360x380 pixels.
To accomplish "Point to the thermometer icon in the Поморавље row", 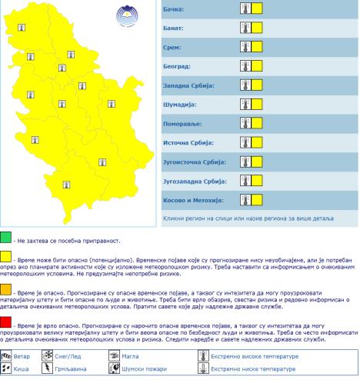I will point(245,123).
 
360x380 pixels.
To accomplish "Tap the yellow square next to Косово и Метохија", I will point(257,200).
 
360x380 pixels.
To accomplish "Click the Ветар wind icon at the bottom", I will point(7,356).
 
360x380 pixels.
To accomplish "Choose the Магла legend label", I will point(132,356).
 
